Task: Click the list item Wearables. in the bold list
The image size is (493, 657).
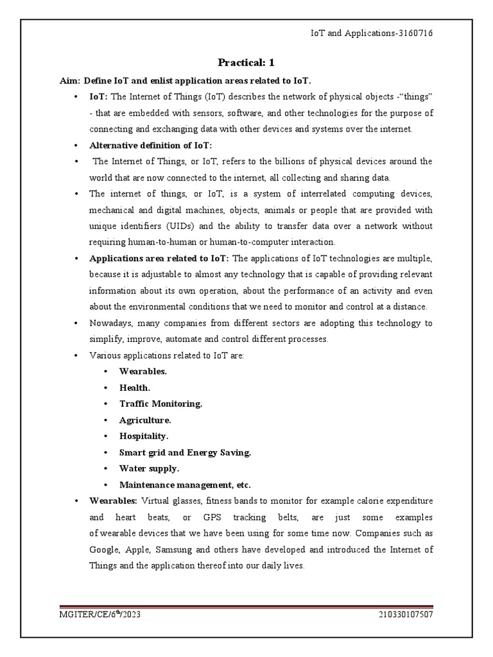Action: click(143, 371)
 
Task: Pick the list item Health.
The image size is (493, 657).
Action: click(135, 388)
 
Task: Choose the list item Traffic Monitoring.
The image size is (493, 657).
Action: click(160, 404)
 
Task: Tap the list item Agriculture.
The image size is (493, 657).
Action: click(145, 420)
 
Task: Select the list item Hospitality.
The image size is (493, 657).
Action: click(144, 436)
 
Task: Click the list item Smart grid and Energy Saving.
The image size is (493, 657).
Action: click(185, 452)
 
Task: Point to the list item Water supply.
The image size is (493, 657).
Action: click(149, 468)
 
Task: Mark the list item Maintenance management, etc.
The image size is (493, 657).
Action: click(185, 485)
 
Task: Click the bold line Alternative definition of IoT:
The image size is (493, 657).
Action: click(150, 145)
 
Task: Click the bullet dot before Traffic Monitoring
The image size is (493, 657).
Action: click(105, 404)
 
